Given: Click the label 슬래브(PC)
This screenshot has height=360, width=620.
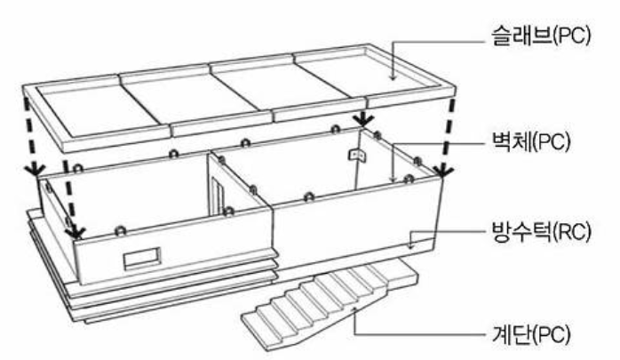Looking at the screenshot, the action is pyautogui.click(x=541, y=36).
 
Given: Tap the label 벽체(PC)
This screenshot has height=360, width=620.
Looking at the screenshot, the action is pyautogui.click(x=530, y=140).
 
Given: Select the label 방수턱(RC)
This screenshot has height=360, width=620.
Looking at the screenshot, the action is pyautogui.click(x=541, y=232).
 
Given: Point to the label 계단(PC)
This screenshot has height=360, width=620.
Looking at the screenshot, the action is pyautogui.click(x=530, y=335).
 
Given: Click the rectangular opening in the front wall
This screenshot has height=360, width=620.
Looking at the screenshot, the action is pyautogui.click(x=142, y=259).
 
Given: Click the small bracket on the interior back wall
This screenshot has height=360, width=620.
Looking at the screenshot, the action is pyautogui.click(x=357, y=155).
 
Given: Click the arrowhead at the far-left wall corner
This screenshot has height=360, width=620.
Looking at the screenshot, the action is pyautogui.click(x=35, y=169).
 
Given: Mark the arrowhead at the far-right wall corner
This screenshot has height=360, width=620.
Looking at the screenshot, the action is pyautogui.click(x=443, y=170).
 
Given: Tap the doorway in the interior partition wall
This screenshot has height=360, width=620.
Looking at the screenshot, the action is pyautogui.click(x=217, y=196).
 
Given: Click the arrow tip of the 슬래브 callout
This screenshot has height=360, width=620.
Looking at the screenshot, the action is pyautogui.click(x=393, y=78).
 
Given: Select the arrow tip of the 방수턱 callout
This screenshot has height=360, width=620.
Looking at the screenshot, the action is pyautogui.click(x=410, y=247).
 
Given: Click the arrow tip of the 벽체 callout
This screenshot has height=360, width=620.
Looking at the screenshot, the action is pyautogui.click(x=393, y=180).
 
